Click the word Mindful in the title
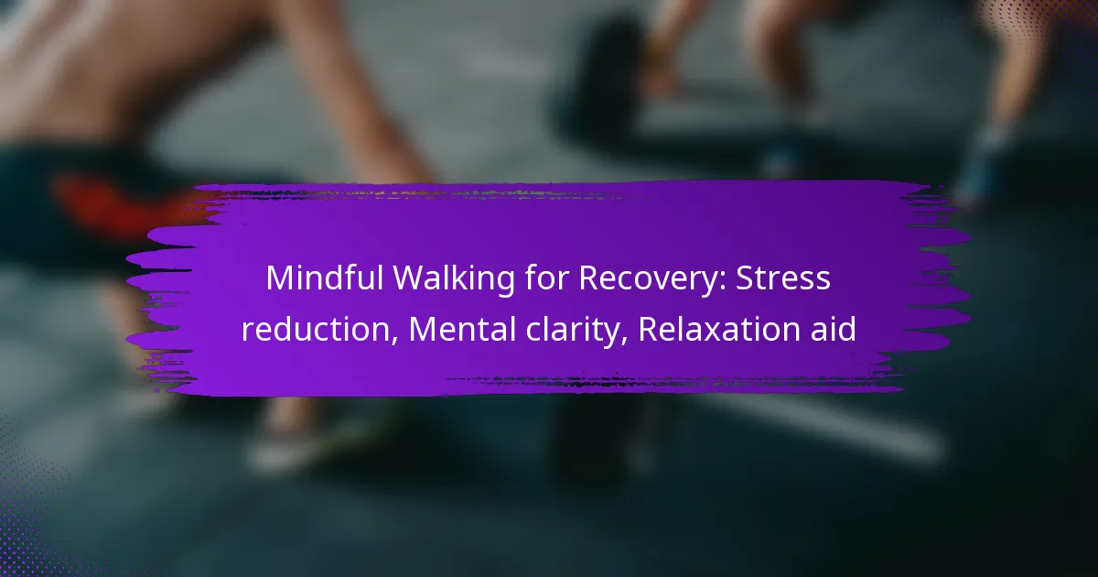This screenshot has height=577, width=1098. coord(324,278)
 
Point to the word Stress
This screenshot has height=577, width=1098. coord(783,278)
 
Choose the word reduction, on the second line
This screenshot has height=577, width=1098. coord(319,329)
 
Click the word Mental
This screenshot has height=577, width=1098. coord(462,329)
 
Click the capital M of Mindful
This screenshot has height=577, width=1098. coord(281,278)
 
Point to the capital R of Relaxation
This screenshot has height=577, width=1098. coord(649,329)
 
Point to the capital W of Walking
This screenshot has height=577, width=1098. coord(411,278)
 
